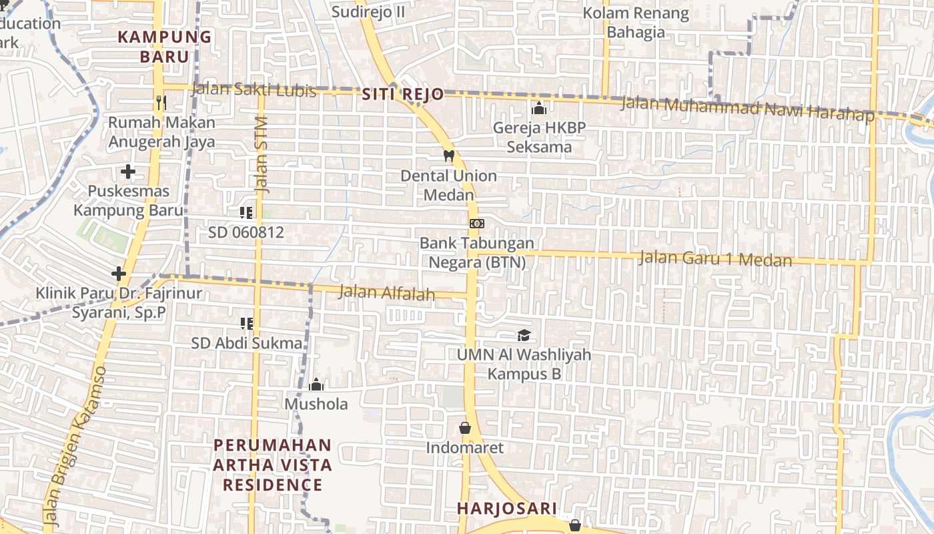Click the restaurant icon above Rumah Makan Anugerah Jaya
[x=161, y=102]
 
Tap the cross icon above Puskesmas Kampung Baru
[x=128, y=172]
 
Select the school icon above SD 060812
[x=246, y=213]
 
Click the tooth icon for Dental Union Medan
[x=449, y=156]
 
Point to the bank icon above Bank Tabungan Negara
[x=477, y=224]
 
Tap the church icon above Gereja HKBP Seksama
[x=539, y=108]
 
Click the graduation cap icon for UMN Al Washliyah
[x=524, y=335]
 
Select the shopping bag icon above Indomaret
[x=465, y=428]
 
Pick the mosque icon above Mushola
[x=316, y=384]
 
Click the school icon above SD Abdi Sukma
[x=246, y=324]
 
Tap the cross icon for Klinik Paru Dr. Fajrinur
[x=119, y=274]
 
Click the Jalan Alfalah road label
[x=387, y=292]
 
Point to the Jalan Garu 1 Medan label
[x=715, y=258]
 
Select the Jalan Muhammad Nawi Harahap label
[x=747, y=109]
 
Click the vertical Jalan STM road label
[x=261, y=155]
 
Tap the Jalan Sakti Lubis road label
[x=254, y=89]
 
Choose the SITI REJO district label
[x=403, y=95]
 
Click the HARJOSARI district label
[x=497, y=509]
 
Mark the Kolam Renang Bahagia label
[x=636, y=23]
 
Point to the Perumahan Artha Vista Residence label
[x=272, y=465]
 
